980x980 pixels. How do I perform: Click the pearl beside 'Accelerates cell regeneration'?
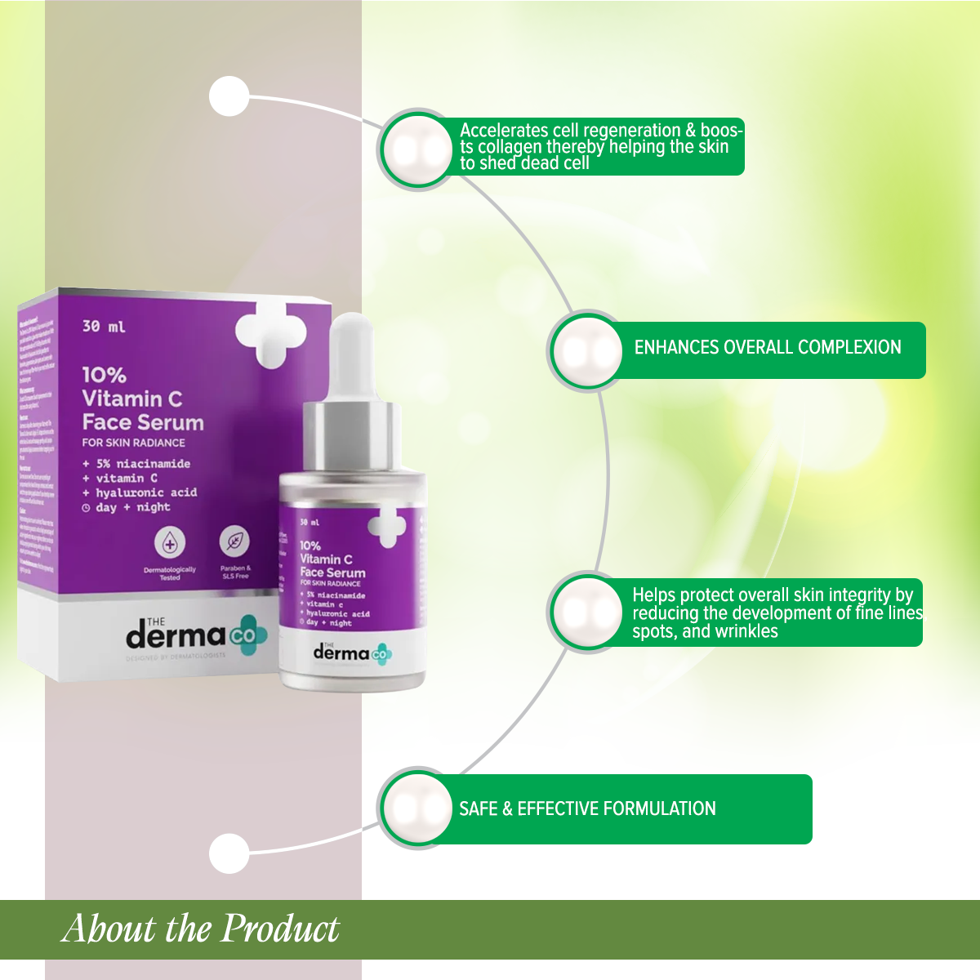417,149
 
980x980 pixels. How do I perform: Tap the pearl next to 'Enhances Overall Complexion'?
587,351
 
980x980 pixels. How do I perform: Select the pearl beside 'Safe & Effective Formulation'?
417,808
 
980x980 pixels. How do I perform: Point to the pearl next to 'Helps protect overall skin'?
587,612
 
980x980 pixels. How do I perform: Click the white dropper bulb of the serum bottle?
351,351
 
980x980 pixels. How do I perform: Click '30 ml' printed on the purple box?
104,327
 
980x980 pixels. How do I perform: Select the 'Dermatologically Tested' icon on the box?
170,543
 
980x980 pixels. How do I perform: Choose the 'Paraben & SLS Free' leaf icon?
234,541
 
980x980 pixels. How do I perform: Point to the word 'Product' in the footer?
281,929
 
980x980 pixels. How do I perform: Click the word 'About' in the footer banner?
109,929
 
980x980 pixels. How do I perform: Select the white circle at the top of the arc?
229,96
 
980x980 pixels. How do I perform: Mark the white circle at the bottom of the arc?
229,853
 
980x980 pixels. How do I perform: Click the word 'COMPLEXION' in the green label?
849,347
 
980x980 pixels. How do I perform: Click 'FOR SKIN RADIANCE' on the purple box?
133,443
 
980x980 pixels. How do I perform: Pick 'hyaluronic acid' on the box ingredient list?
145,492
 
